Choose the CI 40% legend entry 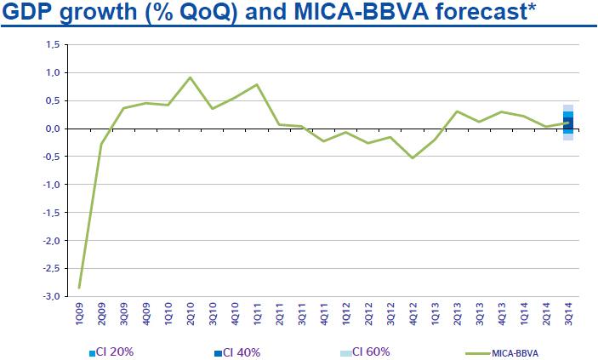tap(240, 351)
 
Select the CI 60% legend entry tap(367, 351)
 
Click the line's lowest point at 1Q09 tap(80, 288)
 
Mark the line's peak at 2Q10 tap(191, 77)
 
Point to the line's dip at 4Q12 tap(413, 158)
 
